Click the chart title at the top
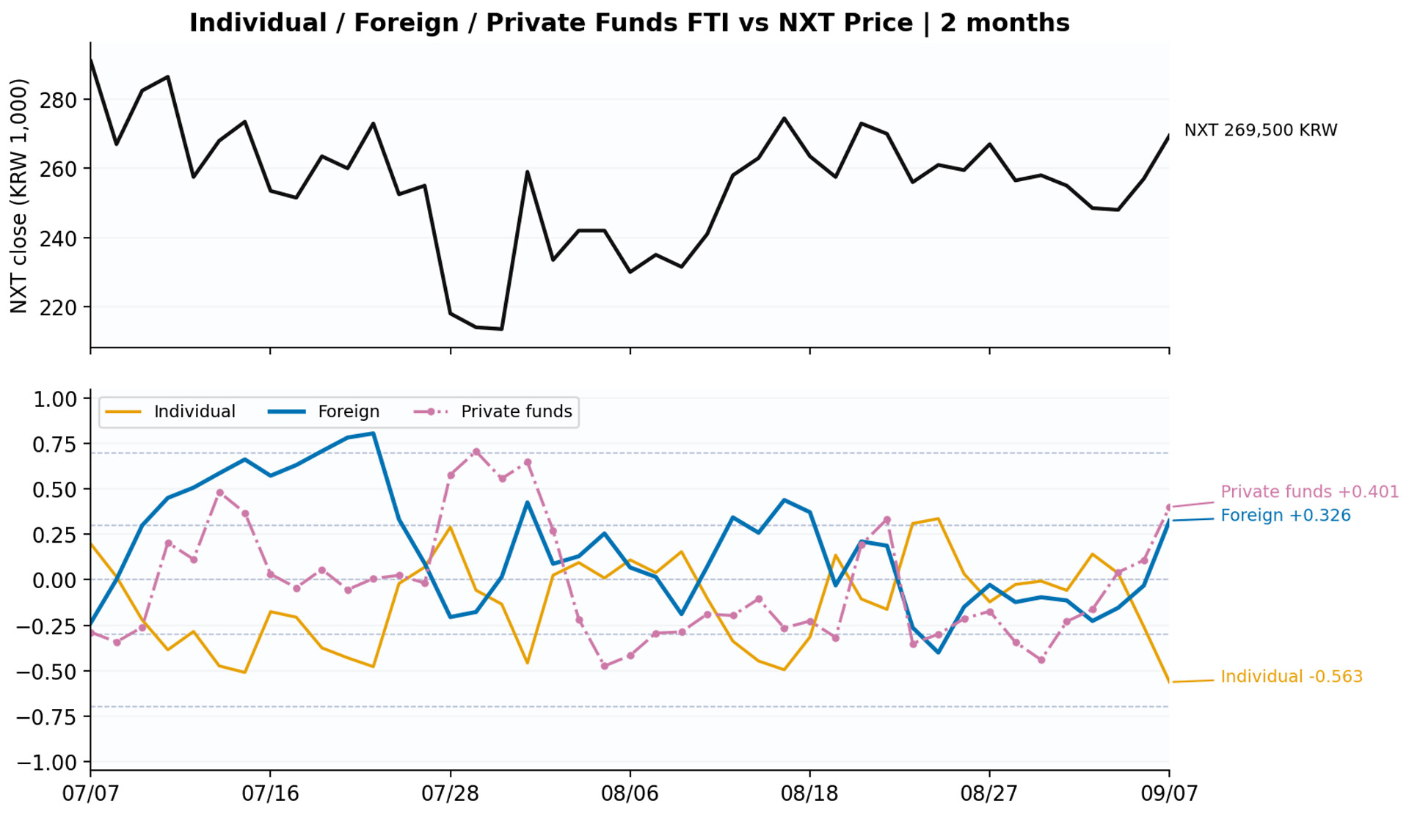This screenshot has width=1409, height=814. tap(629, 23)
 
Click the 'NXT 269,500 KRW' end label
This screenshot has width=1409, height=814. tap(1261, 131)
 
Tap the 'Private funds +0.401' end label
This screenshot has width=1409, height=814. tap(1309, 491)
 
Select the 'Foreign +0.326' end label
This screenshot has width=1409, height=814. tap(1285, 516)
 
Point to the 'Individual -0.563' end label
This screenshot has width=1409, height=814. tap(1292, 676)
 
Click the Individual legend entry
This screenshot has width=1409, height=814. tap(170, 411)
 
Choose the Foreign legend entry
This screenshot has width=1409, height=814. tap(324, 411)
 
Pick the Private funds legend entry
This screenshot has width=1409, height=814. tap(493, 411)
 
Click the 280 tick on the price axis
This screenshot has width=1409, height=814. tap(58, 100)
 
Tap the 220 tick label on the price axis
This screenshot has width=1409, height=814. tap(58, 307)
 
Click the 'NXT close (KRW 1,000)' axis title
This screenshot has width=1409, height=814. tap(19, 196)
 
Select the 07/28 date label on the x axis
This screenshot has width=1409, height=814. tap(450, 793)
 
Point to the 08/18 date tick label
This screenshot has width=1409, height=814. tap(809, 793)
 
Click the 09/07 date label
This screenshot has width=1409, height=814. tap(1169, 793)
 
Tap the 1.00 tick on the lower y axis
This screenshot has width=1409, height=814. tap(55, 399)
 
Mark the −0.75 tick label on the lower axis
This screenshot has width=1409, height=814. tap(47, 716)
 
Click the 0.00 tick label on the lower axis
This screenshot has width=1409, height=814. tap(55, 580)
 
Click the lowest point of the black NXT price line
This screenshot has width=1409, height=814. tap(501, 329)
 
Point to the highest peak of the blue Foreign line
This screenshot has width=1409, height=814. tap(374, 433)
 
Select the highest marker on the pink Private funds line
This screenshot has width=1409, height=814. tap(476, 452)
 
